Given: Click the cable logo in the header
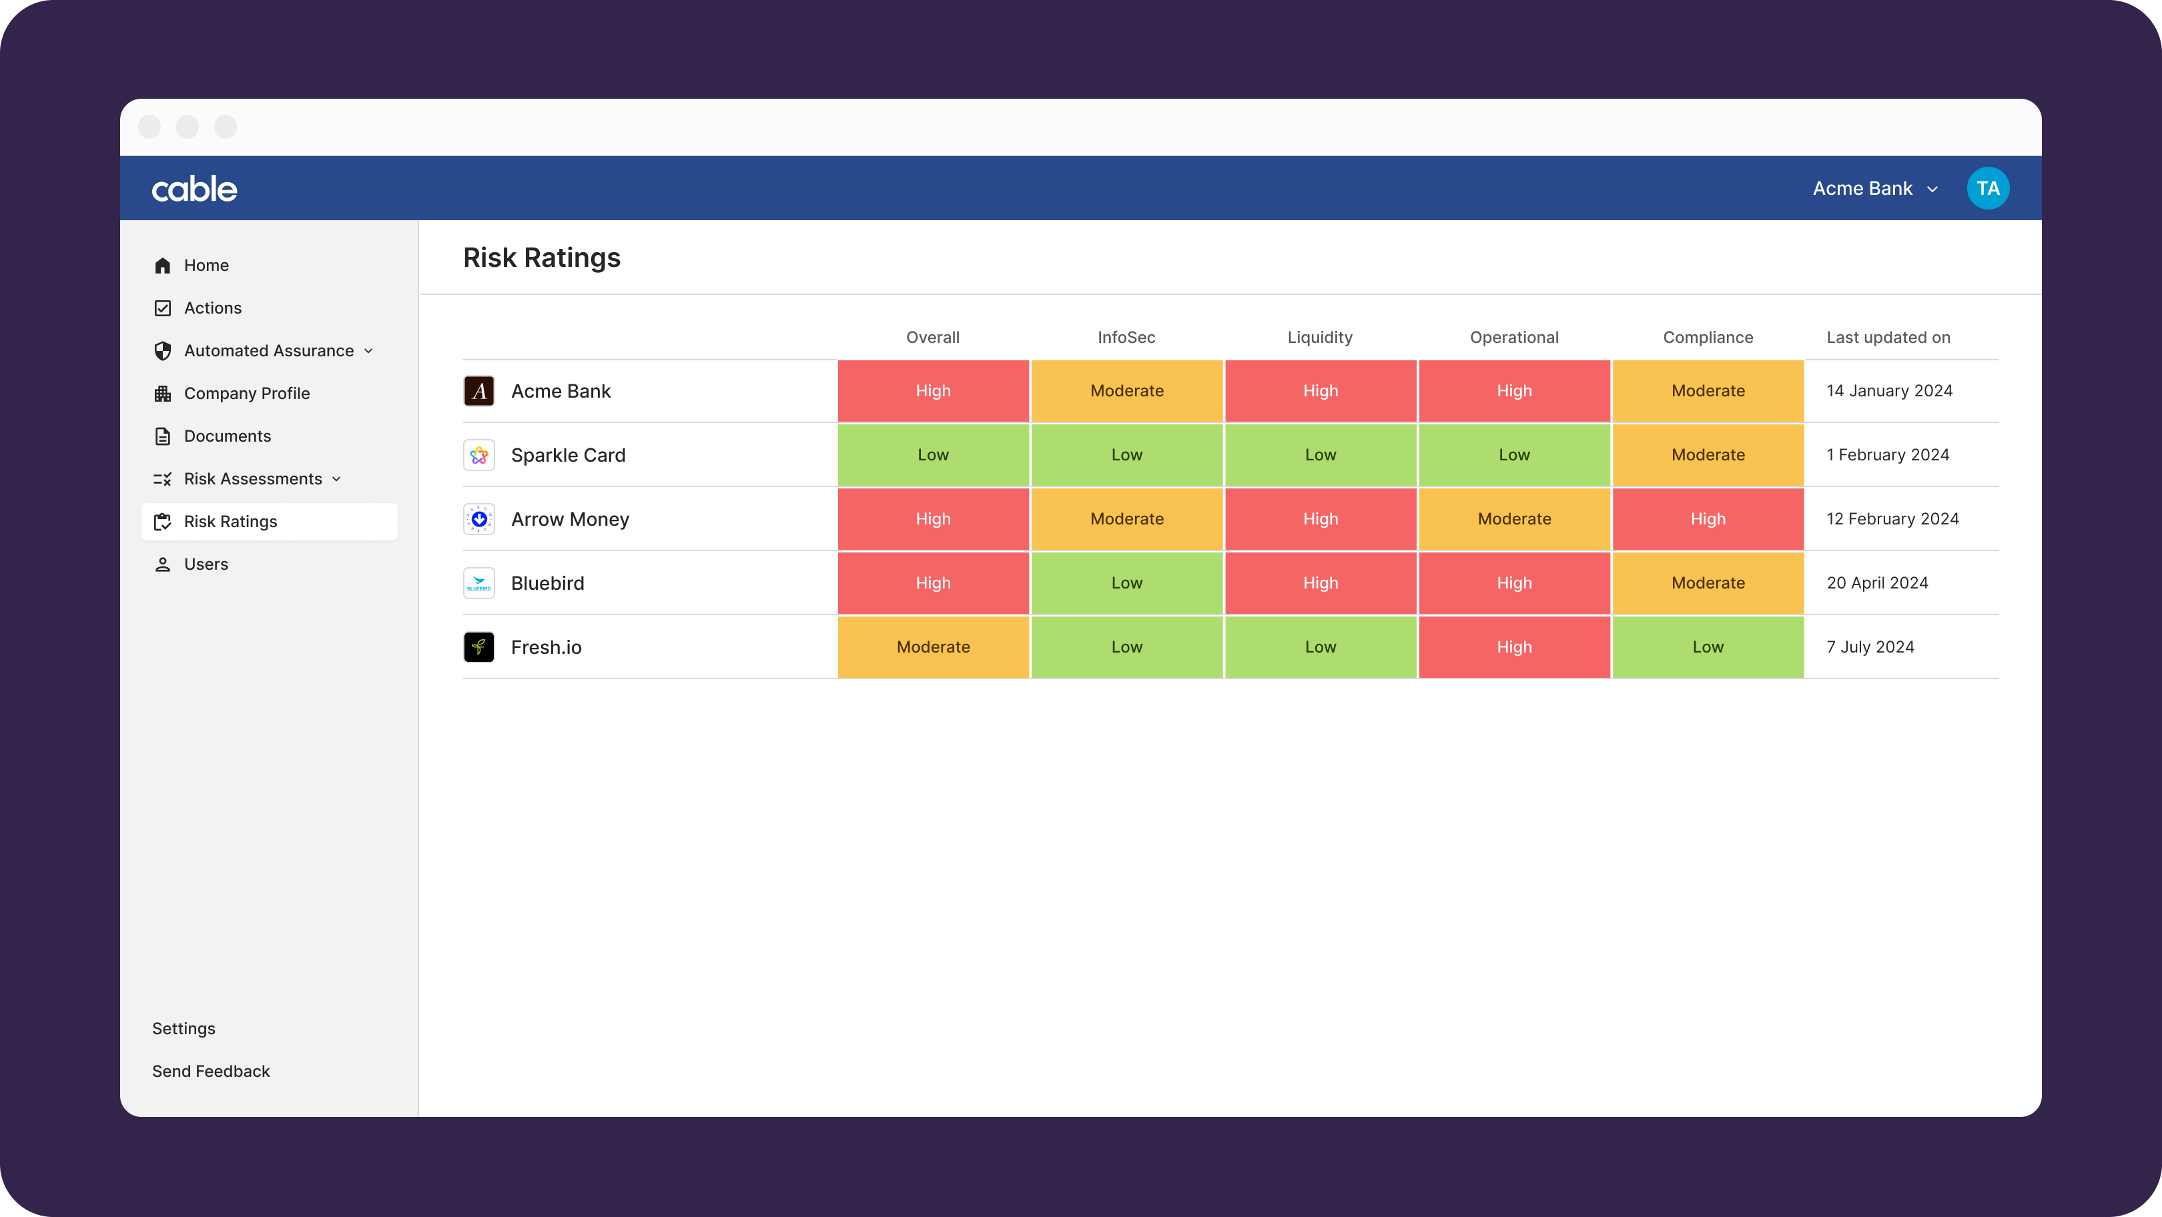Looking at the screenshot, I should [x=195, y=189].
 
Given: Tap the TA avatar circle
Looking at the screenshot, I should [x=1987, y=189].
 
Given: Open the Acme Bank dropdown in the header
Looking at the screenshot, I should [x=1875, y=189].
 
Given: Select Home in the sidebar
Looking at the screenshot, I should [x=206, y=266].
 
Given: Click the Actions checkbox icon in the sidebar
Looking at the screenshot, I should [x=163, y=308].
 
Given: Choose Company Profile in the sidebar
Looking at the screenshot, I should [x=247, y=394].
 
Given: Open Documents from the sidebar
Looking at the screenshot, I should [x=227, y=436].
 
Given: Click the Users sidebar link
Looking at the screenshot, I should [x=206, y=564].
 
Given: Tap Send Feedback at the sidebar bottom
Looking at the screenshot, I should [x=211, y=1071].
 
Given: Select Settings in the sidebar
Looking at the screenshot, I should [x=184, y=1028].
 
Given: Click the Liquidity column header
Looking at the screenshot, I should [x=1320, y=338].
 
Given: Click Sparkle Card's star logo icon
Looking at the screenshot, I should [x=479, y=455].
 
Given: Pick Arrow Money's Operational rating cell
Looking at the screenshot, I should [x=1514, y=518].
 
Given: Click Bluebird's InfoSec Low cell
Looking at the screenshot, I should [x=1126, y=583].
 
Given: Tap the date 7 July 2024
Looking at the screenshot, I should [x=1870, y=647].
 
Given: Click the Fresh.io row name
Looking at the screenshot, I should [x=547, y=647].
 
